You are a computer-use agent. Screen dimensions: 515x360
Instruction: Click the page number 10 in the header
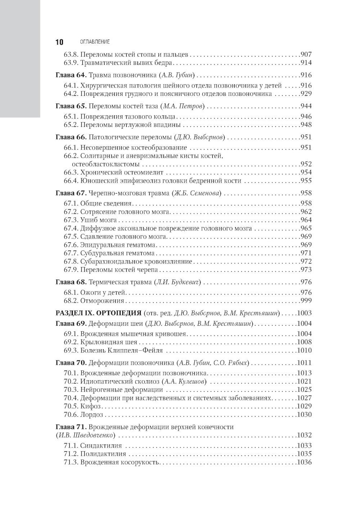tap(59, 42)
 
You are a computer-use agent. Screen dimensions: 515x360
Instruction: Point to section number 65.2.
tap(71, 125)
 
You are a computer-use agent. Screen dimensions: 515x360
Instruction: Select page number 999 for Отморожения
tap(306, 301)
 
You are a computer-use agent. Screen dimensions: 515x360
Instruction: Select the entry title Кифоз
tap(88, 406)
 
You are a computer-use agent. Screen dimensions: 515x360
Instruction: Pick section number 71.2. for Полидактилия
tap(71, 454)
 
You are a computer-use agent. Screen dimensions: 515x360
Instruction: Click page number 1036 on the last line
tap(304, 462)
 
